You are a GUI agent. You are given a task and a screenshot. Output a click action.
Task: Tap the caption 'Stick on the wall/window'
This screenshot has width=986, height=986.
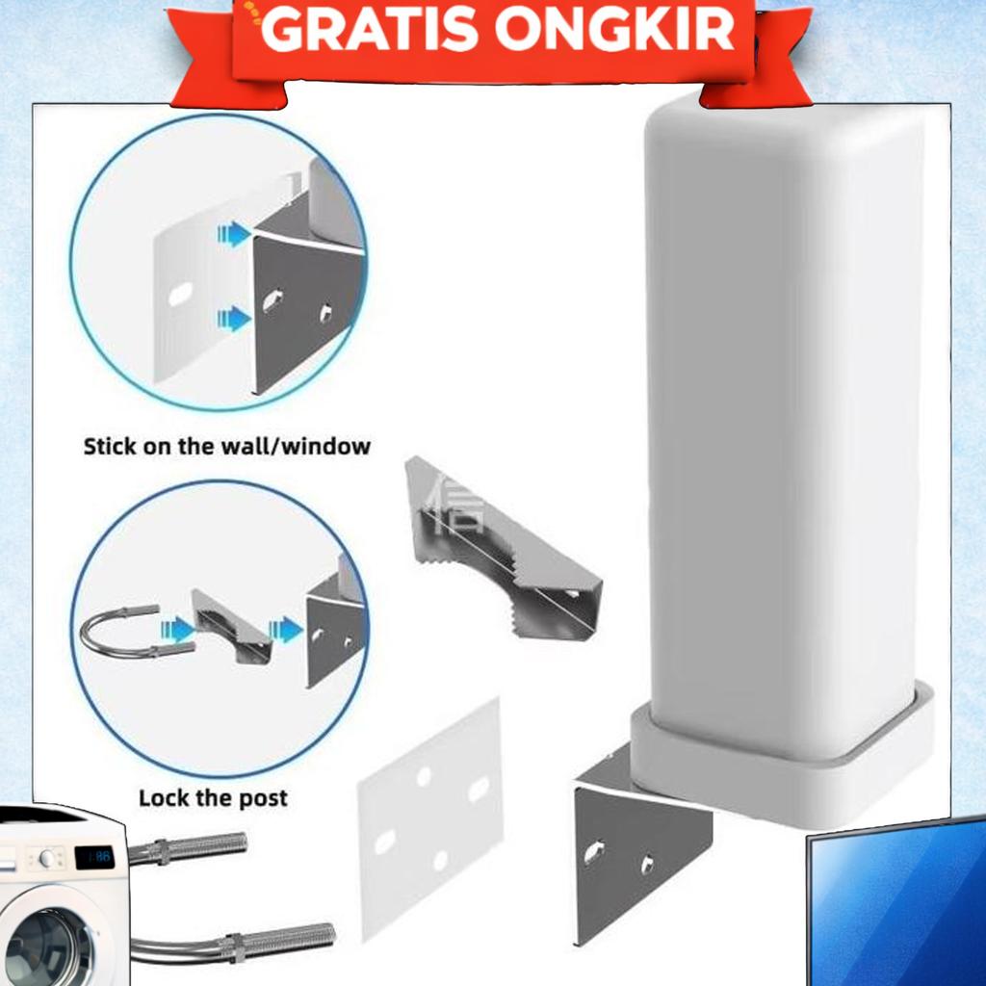[x=227, y=447]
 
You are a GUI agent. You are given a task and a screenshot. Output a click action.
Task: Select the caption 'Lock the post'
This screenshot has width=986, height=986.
[x=213, y=798]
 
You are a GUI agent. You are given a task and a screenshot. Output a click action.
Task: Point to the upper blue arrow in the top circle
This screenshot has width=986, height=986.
[x=234, y=234]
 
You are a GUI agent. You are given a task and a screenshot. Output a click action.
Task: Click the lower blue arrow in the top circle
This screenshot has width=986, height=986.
[x=234, y=319]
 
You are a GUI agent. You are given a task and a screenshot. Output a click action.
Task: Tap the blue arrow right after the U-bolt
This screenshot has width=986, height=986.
[x=177, y=631]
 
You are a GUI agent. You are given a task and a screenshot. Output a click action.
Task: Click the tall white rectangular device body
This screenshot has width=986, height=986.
[x=780, y=414]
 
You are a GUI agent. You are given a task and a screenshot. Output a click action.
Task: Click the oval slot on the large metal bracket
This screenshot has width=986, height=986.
[x=594, y=852]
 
